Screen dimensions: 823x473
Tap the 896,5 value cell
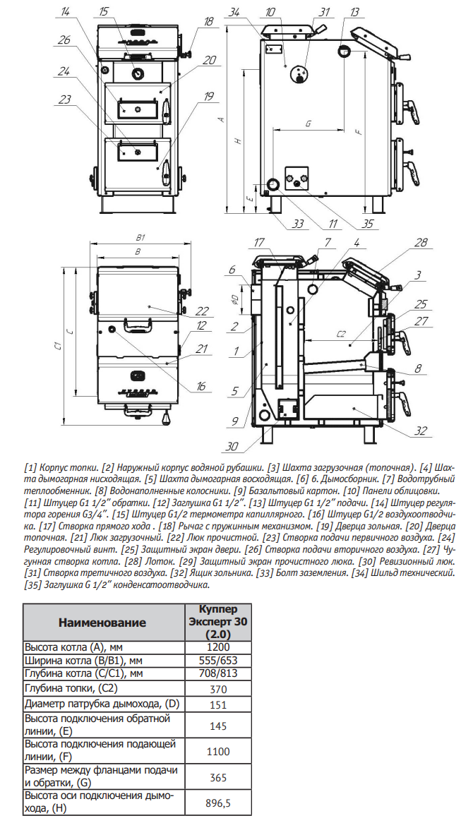tap(218, 803)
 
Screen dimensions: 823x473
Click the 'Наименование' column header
tap(102, 622)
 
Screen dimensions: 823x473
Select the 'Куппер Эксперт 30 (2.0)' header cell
tap(218, 622)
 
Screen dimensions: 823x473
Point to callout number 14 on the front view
tap(66, 12)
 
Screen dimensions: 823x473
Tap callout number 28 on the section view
tap(421, 243)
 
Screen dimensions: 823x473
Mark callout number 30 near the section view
tap(232, 446)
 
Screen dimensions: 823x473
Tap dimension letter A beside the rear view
tap(221, 120)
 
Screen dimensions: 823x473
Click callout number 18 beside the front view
tap(208, 21)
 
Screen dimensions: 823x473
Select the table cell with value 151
tap(218, 704)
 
